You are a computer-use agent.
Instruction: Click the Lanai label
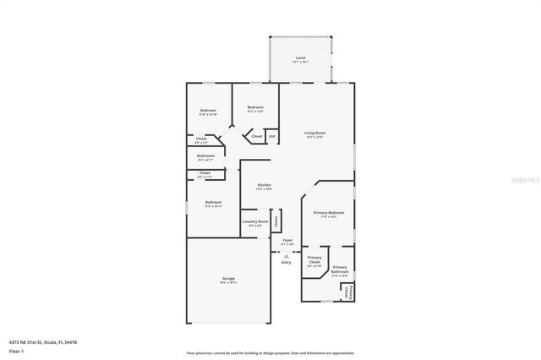[300, 59]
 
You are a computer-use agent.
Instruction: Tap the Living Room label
[315, 133]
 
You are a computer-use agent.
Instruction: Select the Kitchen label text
[265, 185]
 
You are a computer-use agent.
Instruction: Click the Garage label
[228, 279]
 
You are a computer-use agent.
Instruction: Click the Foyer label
[287, 241]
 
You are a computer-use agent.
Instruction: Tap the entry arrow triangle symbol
[287, 254]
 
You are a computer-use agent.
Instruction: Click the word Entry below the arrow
[287, 262]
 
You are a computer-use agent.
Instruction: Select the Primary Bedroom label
[328, 213]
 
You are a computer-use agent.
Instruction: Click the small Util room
[271, 135]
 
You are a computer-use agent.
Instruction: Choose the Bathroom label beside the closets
[205, 155]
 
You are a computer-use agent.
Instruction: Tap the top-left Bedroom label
[208, 111]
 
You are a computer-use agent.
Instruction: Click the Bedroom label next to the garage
[213, 202]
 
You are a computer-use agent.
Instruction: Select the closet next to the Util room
[256, 135]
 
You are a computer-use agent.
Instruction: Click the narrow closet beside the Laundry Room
[275, 221]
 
